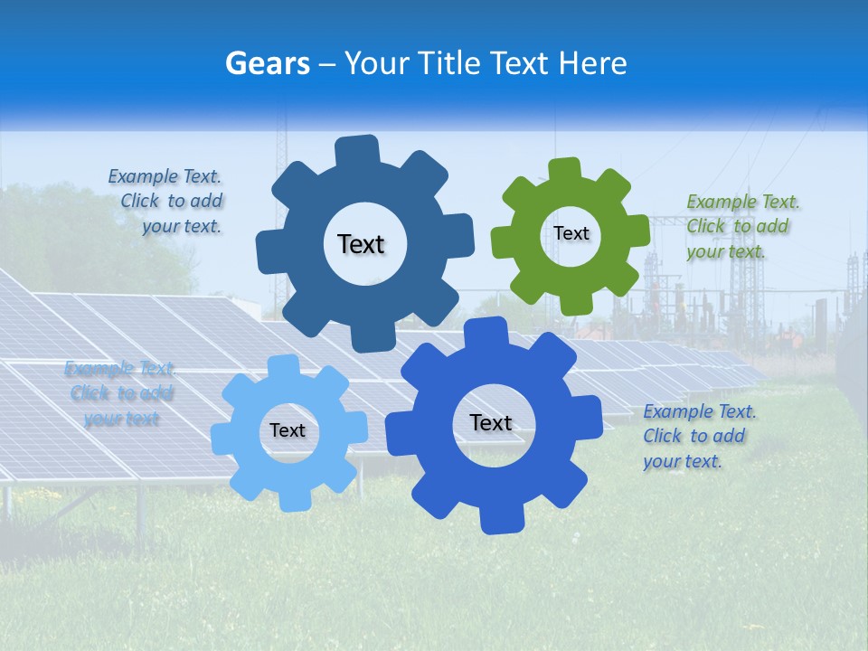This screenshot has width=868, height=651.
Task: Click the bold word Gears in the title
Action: point(267,63)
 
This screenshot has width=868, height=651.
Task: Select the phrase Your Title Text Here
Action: point(485,63)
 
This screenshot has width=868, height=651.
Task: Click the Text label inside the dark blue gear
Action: point(361,244)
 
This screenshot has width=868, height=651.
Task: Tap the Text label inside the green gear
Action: point(571,233)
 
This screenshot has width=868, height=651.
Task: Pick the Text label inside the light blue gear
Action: point(288,431)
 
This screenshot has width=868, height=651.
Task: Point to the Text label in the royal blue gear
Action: point(491,422)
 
